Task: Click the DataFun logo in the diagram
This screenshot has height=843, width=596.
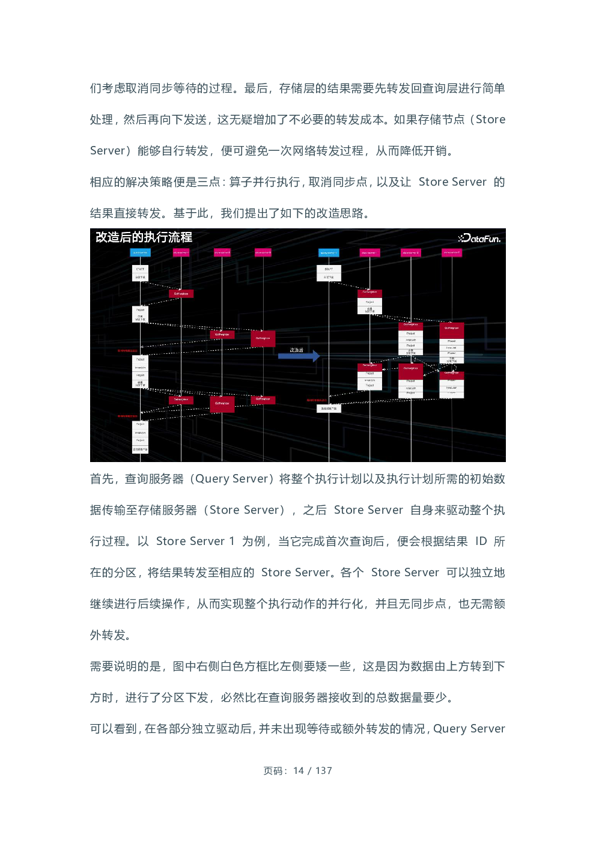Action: point(479,239)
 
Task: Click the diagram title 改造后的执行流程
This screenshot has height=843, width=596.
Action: point(144,237)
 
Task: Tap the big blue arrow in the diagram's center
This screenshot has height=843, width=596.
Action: point(299,356)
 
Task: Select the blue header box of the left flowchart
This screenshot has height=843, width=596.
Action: point(140,253)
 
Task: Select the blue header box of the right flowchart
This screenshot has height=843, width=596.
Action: point(329,253)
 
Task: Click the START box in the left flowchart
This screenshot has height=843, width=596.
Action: point(140,269)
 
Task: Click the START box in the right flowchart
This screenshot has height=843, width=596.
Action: point(329,269)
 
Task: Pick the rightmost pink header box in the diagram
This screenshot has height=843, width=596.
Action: point(452,253)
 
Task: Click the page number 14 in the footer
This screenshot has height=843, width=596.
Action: point(299,771)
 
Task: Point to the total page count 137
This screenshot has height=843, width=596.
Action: point(324,771)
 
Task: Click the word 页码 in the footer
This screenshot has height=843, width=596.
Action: point(274,771)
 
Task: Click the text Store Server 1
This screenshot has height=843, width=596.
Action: point(195,541)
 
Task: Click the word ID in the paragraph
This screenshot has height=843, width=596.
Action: point(481,541)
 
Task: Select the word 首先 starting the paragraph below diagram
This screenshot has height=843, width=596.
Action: point(102,479)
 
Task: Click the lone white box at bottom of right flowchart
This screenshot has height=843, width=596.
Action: point(329,409)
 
